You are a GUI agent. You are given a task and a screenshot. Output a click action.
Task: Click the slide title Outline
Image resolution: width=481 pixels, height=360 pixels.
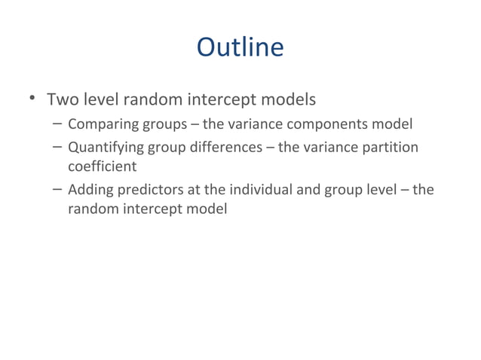click(240, 47)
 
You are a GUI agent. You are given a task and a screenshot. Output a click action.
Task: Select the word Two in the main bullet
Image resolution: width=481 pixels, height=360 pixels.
click(62, 99)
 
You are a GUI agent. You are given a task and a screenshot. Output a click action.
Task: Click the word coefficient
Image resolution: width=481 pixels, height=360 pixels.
click(102, 166)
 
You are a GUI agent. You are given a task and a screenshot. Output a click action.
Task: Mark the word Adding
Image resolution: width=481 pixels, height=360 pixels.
click(89, 189)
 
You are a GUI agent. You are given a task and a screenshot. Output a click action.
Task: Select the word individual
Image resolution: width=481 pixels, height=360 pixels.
click(257, 189)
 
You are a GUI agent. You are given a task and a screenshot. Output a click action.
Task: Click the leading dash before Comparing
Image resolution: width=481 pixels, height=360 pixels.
click(58, 124)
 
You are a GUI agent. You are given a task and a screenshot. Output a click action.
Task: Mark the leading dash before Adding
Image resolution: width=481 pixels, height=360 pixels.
click(58, 189)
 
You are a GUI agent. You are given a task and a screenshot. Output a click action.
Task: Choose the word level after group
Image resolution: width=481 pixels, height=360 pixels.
click(380, 189)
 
